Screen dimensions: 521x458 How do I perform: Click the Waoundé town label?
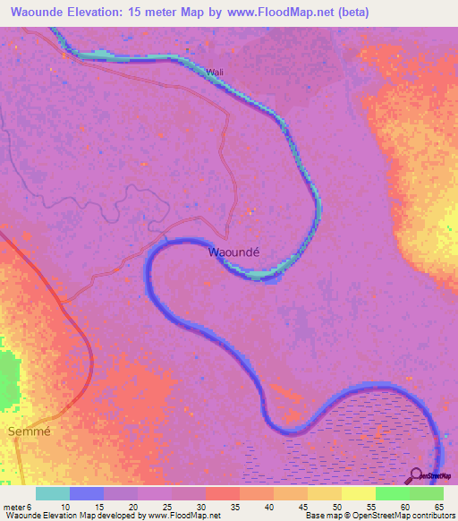233,252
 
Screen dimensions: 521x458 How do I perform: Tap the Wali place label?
213,73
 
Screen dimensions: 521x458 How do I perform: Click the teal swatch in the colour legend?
53,493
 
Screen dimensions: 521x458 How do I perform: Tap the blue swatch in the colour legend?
87,493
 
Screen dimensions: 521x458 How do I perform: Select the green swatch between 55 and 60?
393,493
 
